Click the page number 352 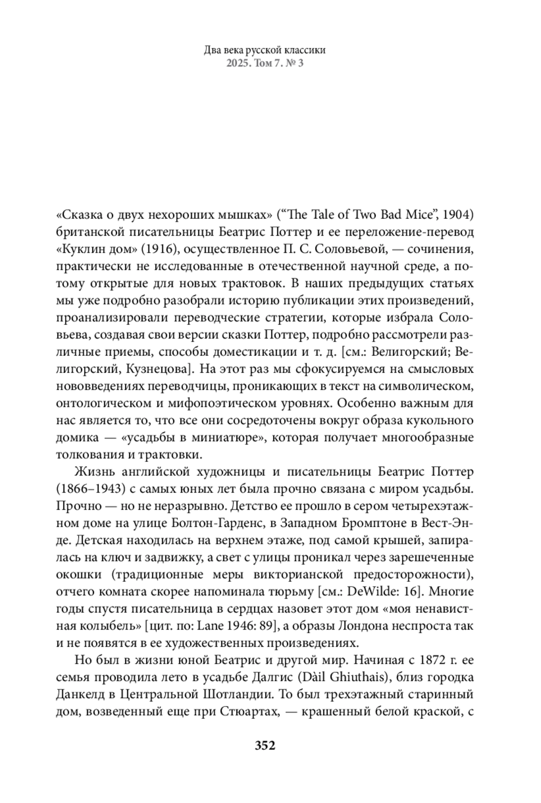pyautogui.click(x=265, y=746)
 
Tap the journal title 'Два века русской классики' pyautogui.click(x=265, y=50)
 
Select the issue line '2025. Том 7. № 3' pyautogui.click(x=265, y=63)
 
